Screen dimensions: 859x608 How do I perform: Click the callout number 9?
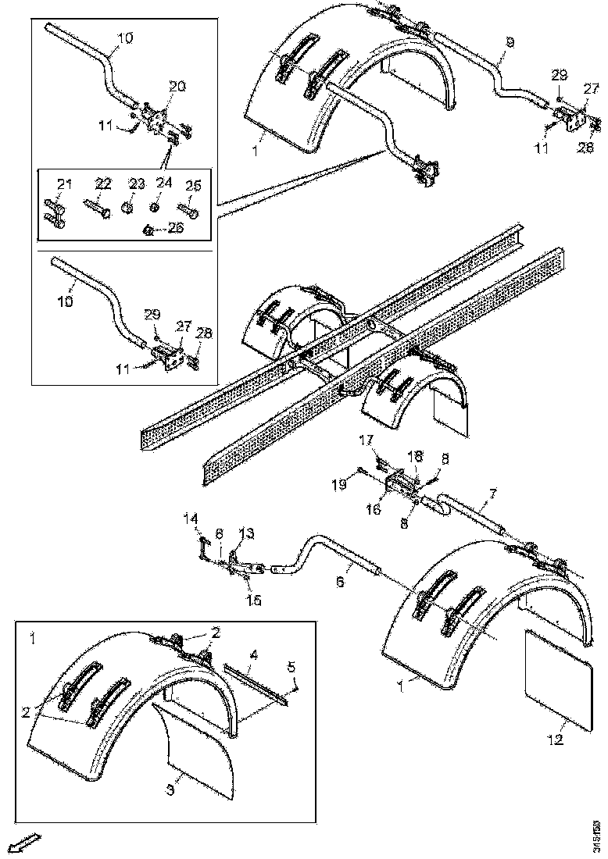510,43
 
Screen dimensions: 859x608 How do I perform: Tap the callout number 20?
177,87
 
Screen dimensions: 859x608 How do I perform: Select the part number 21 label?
63,184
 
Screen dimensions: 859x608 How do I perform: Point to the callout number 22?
103,184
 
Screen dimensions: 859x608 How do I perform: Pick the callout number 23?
137,184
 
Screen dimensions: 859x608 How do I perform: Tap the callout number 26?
176,228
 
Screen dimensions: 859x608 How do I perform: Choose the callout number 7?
492,493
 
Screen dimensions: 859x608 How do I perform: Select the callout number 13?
246,533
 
